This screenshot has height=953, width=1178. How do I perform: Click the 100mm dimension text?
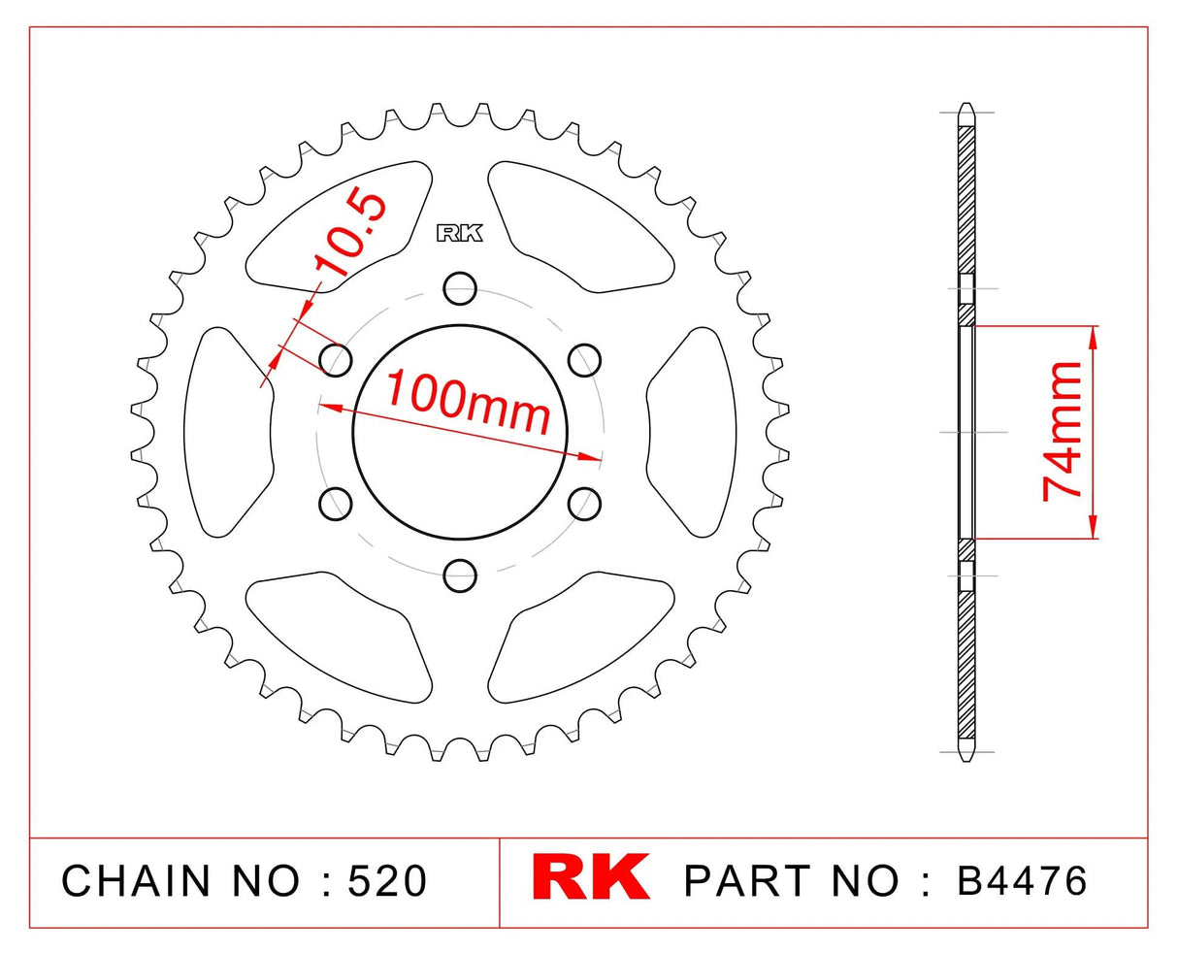click(x=469, y=401)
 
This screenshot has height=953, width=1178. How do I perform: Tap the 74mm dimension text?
click(x=1063, y=430)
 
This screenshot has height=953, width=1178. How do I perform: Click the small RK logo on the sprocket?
click(x=461, y=233)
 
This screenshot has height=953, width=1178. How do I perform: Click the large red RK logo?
click(x=591, y=879)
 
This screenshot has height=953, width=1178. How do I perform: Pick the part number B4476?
click(x=1022, y=881)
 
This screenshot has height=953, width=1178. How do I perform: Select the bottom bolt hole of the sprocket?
click(x=461, y=574)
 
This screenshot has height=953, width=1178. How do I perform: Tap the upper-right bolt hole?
click(x=584, y=359)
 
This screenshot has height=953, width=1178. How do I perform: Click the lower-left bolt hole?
click(x=336, y=503)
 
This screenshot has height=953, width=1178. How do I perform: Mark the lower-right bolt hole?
click(x=584, y=503)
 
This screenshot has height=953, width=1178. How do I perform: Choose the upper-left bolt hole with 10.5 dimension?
click(x=336, y=359)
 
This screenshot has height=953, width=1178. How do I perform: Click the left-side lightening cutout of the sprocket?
click(x=226, y=431)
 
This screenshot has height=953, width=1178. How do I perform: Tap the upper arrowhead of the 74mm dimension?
click(x=1095, y=336)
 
